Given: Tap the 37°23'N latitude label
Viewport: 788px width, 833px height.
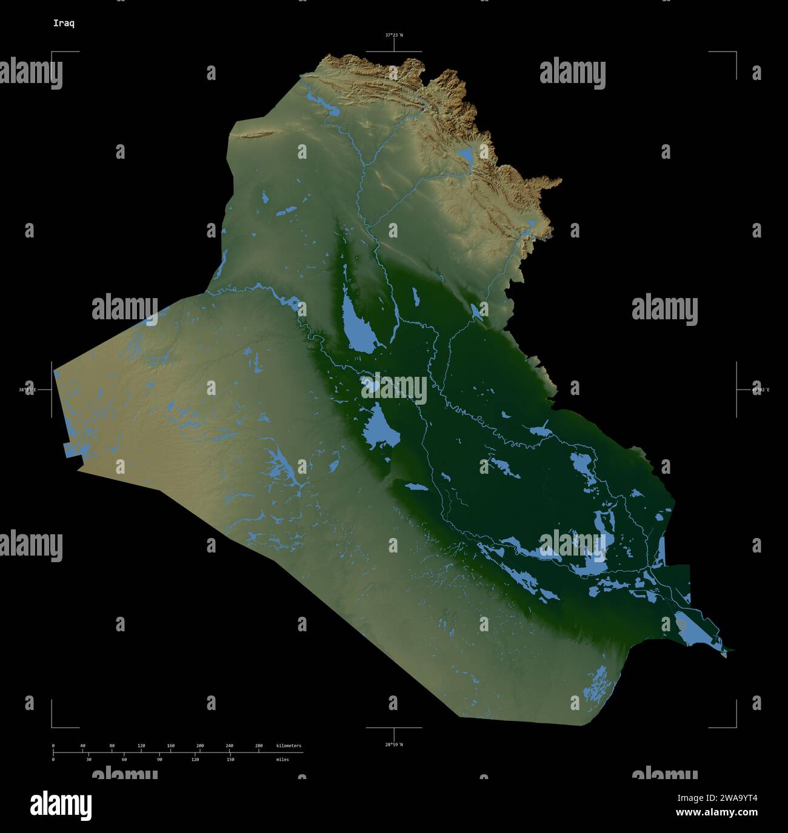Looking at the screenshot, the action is pos(393,35).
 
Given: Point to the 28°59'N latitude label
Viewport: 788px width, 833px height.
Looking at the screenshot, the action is pos(393,744).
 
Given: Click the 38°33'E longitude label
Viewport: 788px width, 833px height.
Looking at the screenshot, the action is pos(27,390).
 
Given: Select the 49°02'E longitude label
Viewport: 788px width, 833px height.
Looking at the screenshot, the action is pos(760,390).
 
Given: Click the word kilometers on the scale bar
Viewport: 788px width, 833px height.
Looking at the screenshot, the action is pos(289,746).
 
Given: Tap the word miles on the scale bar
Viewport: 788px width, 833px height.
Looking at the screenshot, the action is pos(282,759).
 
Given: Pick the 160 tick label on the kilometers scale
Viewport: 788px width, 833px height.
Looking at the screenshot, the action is pos(170,746).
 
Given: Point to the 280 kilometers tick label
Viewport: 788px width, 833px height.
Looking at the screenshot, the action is pos(259,746).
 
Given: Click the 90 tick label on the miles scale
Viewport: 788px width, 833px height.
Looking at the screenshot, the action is pos(159,759).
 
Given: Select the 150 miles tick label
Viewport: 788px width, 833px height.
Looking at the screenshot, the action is pos(230,759).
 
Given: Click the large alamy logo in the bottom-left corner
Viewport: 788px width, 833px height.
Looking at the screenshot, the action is pos(61,805).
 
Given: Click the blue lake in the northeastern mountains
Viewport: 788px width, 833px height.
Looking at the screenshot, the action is pos(467,156).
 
